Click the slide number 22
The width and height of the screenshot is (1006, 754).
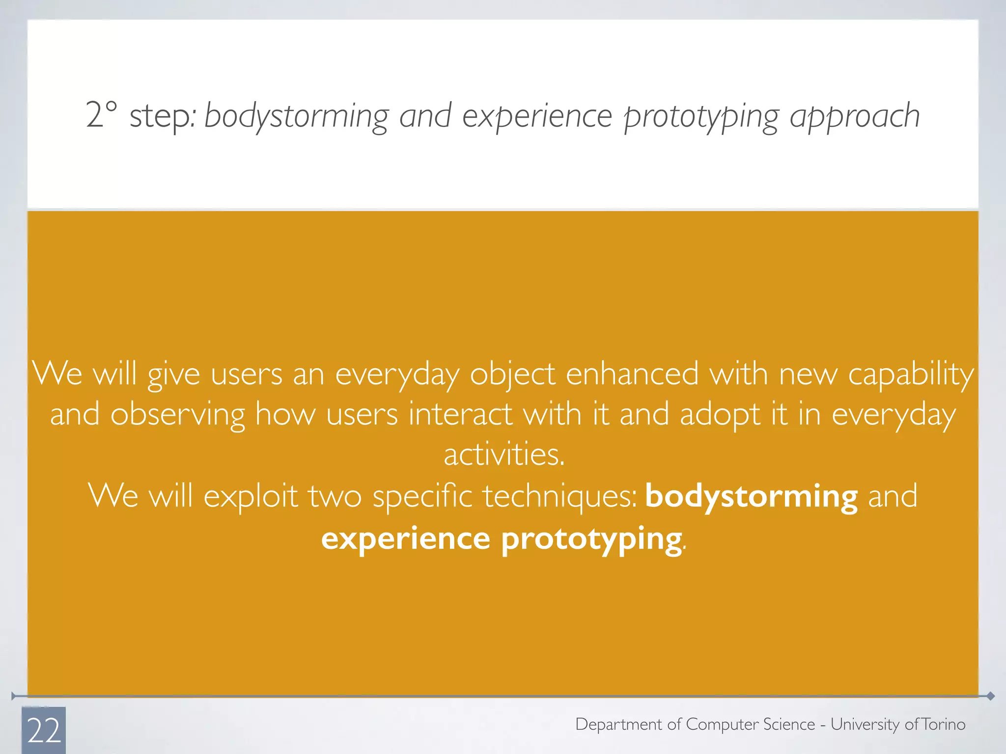44,730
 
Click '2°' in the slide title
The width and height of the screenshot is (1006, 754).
102,115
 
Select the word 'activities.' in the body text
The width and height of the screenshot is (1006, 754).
504,454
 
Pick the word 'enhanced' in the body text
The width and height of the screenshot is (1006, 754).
632,374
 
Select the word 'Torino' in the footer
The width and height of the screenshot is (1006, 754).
943,725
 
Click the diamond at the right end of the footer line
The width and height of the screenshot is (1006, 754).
990,696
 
